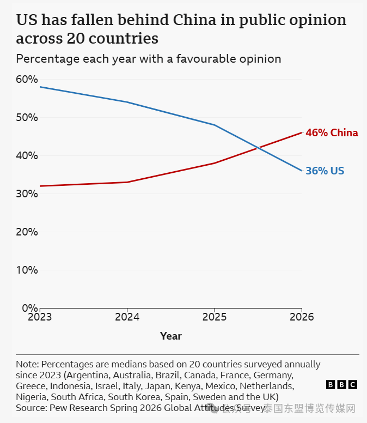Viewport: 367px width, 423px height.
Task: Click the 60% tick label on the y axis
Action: tap(27, 80)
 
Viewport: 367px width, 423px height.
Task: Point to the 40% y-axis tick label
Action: tap(27, 156)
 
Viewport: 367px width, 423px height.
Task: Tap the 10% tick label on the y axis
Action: tap(27, 270)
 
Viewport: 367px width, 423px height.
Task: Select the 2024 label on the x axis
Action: tap(127, 317)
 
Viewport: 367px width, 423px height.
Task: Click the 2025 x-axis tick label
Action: tap(215, 317)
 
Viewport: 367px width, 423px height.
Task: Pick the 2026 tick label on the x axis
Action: tap(302, 317)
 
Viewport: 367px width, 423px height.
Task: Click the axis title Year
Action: tap(171, 336)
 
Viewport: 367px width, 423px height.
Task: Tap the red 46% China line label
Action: tap(332, 132)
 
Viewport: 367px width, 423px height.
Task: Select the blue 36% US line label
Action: tap(325, 171)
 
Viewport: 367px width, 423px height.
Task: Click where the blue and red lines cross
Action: tap(259, 148)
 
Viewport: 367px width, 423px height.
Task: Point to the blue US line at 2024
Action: tap(127, 102)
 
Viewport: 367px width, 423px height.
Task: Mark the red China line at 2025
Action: tap(215, 163)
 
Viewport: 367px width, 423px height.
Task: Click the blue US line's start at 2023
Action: tap(40, 87)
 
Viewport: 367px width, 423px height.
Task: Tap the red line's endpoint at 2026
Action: tap(302, 132)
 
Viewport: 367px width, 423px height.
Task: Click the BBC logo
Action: tap(341, 385)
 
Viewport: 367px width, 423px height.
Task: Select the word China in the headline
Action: tap(194, 20)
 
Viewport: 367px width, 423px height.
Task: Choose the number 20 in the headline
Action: tap(76, 38)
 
